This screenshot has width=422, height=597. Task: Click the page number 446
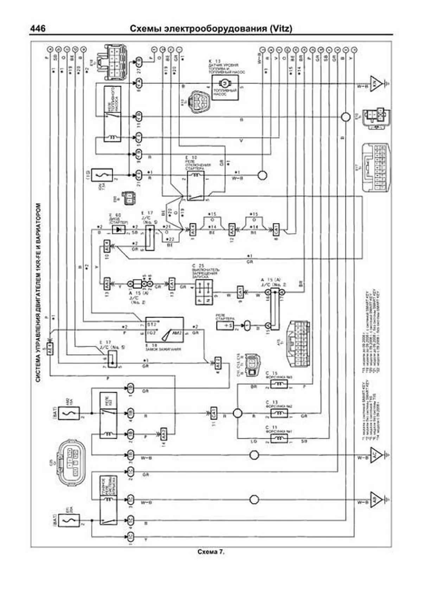(38, 28)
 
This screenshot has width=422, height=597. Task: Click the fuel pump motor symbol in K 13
(224, 84)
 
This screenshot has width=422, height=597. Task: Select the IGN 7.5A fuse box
(102, 175)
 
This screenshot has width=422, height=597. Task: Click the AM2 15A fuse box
(69, 413)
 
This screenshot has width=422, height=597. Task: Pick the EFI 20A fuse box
(69, 520)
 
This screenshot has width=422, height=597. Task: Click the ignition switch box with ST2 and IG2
(164, 330)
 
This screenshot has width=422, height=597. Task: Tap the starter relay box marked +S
(225, 325)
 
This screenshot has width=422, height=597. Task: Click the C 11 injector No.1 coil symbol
(279, 438)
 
